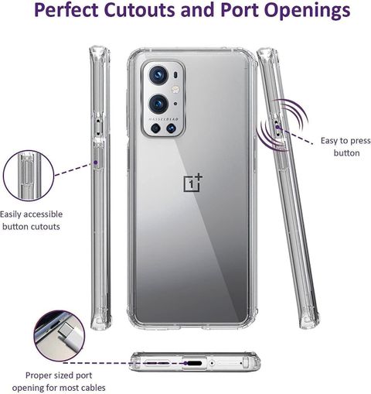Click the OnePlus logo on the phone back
click(192, 183)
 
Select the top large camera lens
click(158, 75)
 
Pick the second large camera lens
click(158, 104)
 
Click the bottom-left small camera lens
click(155, 128)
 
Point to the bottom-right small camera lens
click(171, 128)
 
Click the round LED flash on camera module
click(175, 89)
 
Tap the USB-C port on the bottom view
click(195, 363)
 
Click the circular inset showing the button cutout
click(29, 176)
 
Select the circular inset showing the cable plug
click(60, 336)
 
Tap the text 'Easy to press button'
click(345, 147)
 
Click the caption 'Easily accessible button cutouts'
click(31, 221)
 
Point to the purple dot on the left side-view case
click(95, 163)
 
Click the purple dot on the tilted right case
click(277, 127)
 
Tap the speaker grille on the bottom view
click(158, 363)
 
